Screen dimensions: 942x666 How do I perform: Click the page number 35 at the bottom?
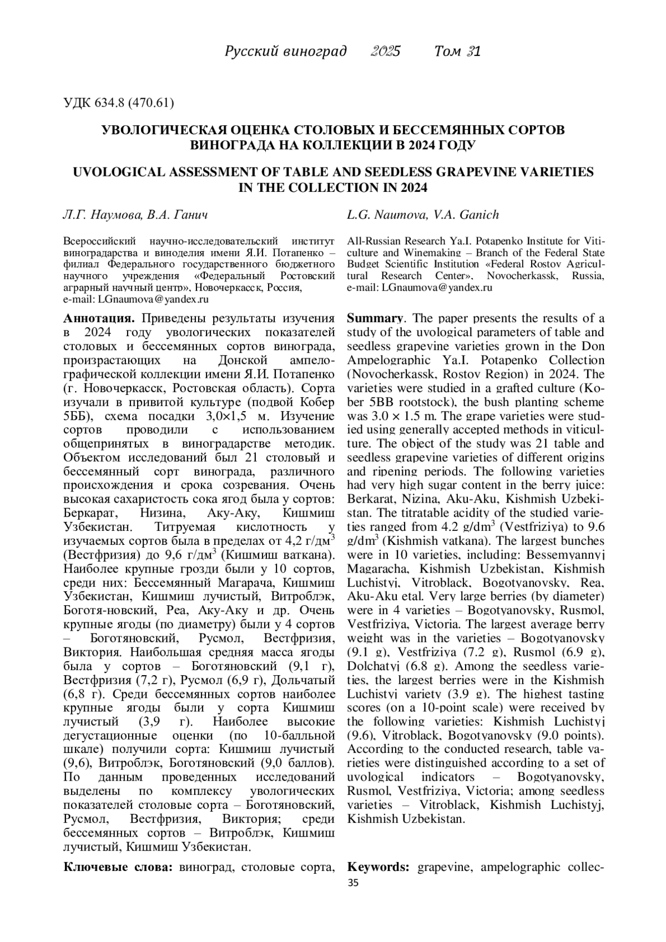click(352, 883)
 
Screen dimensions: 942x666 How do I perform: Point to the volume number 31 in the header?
click(473, 52)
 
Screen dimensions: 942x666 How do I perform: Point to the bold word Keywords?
click(379, 867)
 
